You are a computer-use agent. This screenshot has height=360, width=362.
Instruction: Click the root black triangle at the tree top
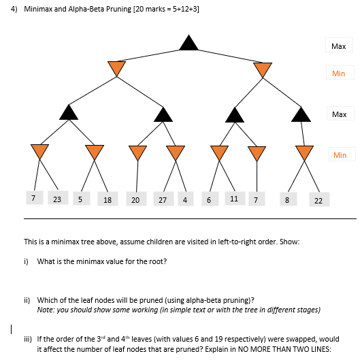pyautogui.click(x=188, y=42)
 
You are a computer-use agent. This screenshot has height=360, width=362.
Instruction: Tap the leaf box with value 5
pyautogui.click(x=80, y=199)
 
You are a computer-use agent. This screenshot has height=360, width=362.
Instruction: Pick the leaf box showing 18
pyautogui.click(x=108, y=200)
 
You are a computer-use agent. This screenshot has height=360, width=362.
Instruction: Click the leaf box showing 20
pyautogui.click(x=135, y=200)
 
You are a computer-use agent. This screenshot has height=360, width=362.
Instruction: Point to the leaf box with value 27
pyautogui.click(x=163, y=200)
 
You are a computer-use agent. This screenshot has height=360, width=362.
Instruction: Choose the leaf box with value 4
pyautogui.click(x=185, y=200)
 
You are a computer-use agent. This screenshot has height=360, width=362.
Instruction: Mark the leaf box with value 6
pyautogui.click(x=209, y=200)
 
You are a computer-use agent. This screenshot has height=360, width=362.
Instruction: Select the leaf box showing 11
pyautogui.click(x=234, y=199)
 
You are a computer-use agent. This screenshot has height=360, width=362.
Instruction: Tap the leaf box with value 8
pyautogui.click(x=287, y=200)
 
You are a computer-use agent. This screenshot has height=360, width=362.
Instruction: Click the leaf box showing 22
pyautogui.click(x=318, y=200)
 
